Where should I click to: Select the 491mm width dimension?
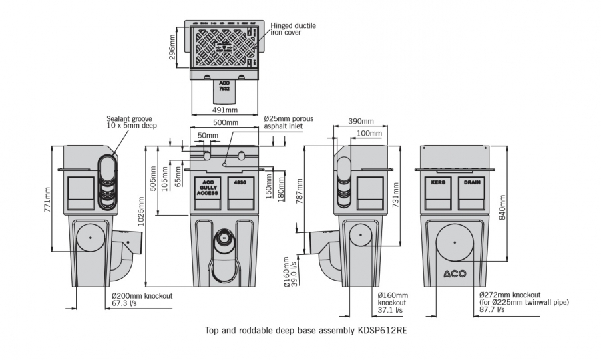226,110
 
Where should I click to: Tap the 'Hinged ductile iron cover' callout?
293,29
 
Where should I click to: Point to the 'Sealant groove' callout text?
131,122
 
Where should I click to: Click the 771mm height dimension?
47,199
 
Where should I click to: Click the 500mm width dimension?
226,122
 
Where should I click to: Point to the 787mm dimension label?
299,193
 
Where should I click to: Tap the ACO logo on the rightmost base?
455,273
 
